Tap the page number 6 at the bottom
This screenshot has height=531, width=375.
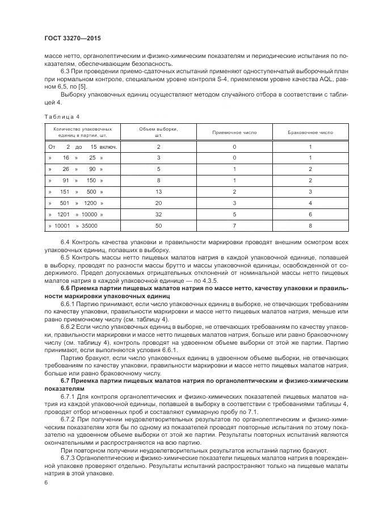click(46, 482)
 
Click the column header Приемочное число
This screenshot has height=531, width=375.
click(234, 132)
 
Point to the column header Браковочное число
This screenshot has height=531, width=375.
click(310, 132)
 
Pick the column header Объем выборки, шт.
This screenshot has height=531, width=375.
click(159, 132)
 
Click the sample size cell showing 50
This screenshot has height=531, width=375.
click(159, 225)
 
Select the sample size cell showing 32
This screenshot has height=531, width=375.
click(159, 214)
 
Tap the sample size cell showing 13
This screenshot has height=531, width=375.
click(159, 191)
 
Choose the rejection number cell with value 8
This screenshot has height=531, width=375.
click(310, 225)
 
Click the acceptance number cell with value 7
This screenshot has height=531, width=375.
click(234, 225)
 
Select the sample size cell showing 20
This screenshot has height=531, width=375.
click(159, 203)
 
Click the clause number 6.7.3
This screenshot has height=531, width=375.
click(69, 457)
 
